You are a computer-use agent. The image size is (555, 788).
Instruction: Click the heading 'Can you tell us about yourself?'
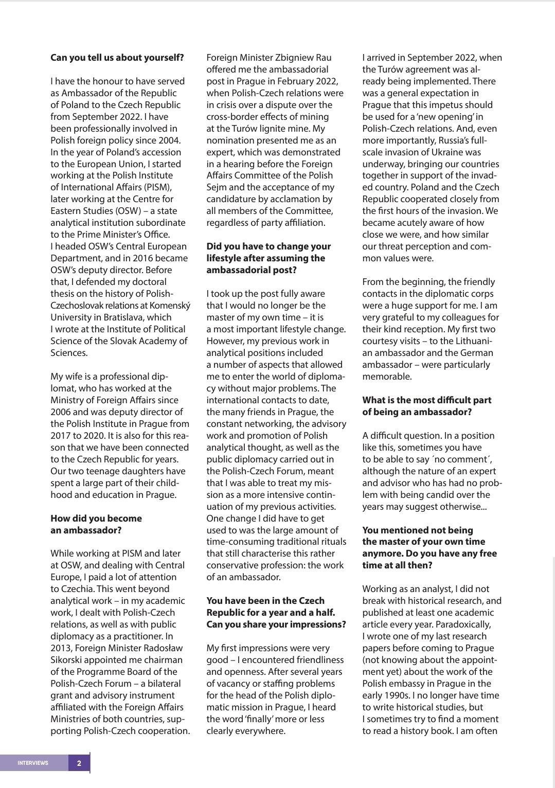coord(117,58)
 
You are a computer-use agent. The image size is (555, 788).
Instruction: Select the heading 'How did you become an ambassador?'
coord(96,524)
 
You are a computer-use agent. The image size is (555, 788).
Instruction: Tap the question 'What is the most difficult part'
coord(426,400)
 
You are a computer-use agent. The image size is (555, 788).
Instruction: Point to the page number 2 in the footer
coord(79,763)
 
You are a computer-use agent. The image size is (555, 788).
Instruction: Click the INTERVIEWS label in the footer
coord(33,763)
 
